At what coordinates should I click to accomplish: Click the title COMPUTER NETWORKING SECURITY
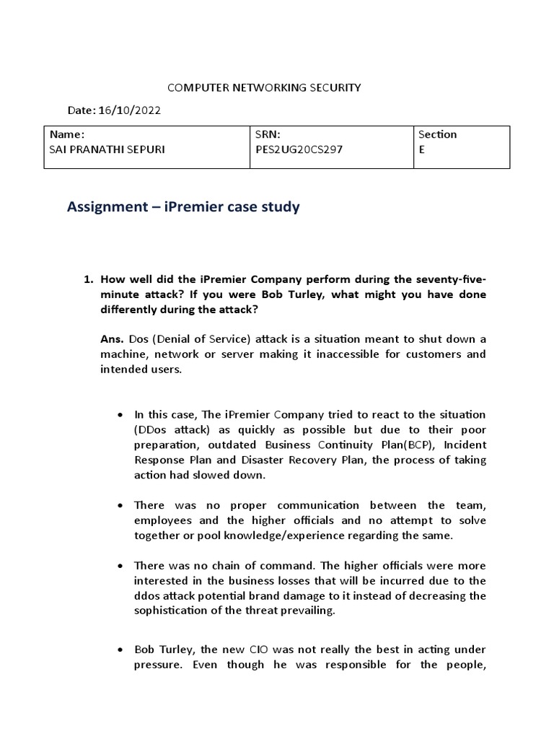point(264,87)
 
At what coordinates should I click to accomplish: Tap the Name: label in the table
point(67,134)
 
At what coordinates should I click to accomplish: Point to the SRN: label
point(267,134)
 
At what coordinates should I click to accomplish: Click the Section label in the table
point(437,134)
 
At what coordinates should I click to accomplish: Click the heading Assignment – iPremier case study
point(183,207)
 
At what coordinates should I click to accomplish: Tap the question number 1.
point(89,279)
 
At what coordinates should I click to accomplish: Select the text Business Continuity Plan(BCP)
point(314,445)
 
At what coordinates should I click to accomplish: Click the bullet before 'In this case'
point(119,416)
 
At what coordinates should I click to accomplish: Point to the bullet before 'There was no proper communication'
point(119,506)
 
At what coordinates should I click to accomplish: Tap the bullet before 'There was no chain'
point(119,566)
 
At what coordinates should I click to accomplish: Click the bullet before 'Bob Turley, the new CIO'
point(119,650)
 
